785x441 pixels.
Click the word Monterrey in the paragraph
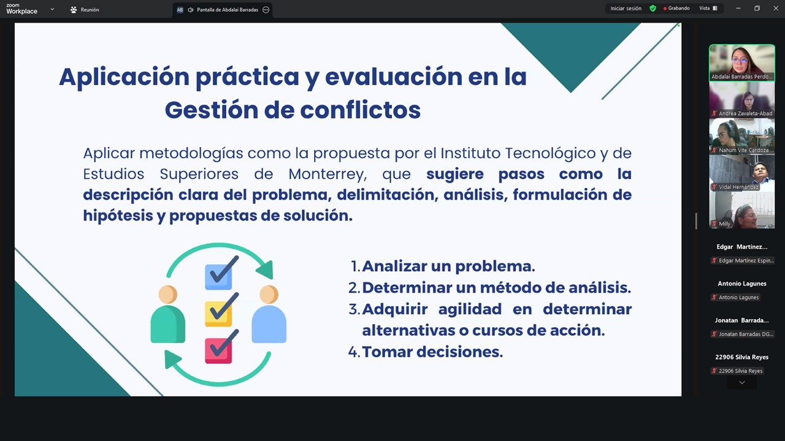click(x=327, y=175)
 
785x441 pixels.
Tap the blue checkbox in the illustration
click(x=218, y=277)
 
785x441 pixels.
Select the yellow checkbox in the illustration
click(x=218, y=314)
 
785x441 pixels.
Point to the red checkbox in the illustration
click(x=218, y=350)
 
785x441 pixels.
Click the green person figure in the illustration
click(x=168, y=314)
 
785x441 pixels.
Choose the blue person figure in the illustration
click(x=269, y=314)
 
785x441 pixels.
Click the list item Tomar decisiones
click(x=432, y=352)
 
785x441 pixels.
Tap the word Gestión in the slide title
click(x=212, y=110)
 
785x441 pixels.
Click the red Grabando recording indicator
click(x=676, y=9)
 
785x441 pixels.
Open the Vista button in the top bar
click(x=708, y=9)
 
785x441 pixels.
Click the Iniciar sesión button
click(x=626, y=9)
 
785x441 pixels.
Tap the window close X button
click(x=776, y=9)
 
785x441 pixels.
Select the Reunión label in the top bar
click(x=90, y=10)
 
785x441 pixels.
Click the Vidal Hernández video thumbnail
click(x=742, y=173)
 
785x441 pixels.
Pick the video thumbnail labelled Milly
click(x=742, y=210)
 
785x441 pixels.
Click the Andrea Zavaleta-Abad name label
click(x=745, y=113)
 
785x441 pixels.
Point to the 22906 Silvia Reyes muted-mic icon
click(x=714, y=371)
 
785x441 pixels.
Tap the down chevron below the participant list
click(x=742, y=383)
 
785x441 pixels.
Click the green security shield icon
click(x=653, y=9)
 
